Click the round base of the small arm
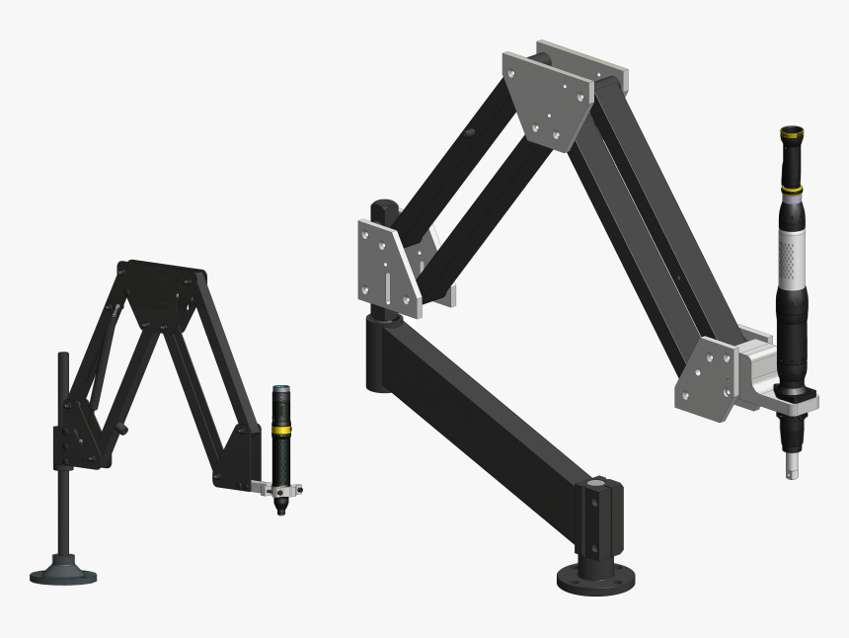click(63, 572)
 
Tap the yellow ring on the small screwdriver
click(281, 430)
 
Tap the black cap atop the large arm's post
click(383, 211)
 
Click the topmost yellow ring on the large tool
click(791, 131)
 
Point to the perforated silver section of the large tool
click(792, 252)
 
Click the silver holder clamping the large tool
click(790, 401)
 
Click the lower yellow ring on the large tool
click(791, 188)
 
